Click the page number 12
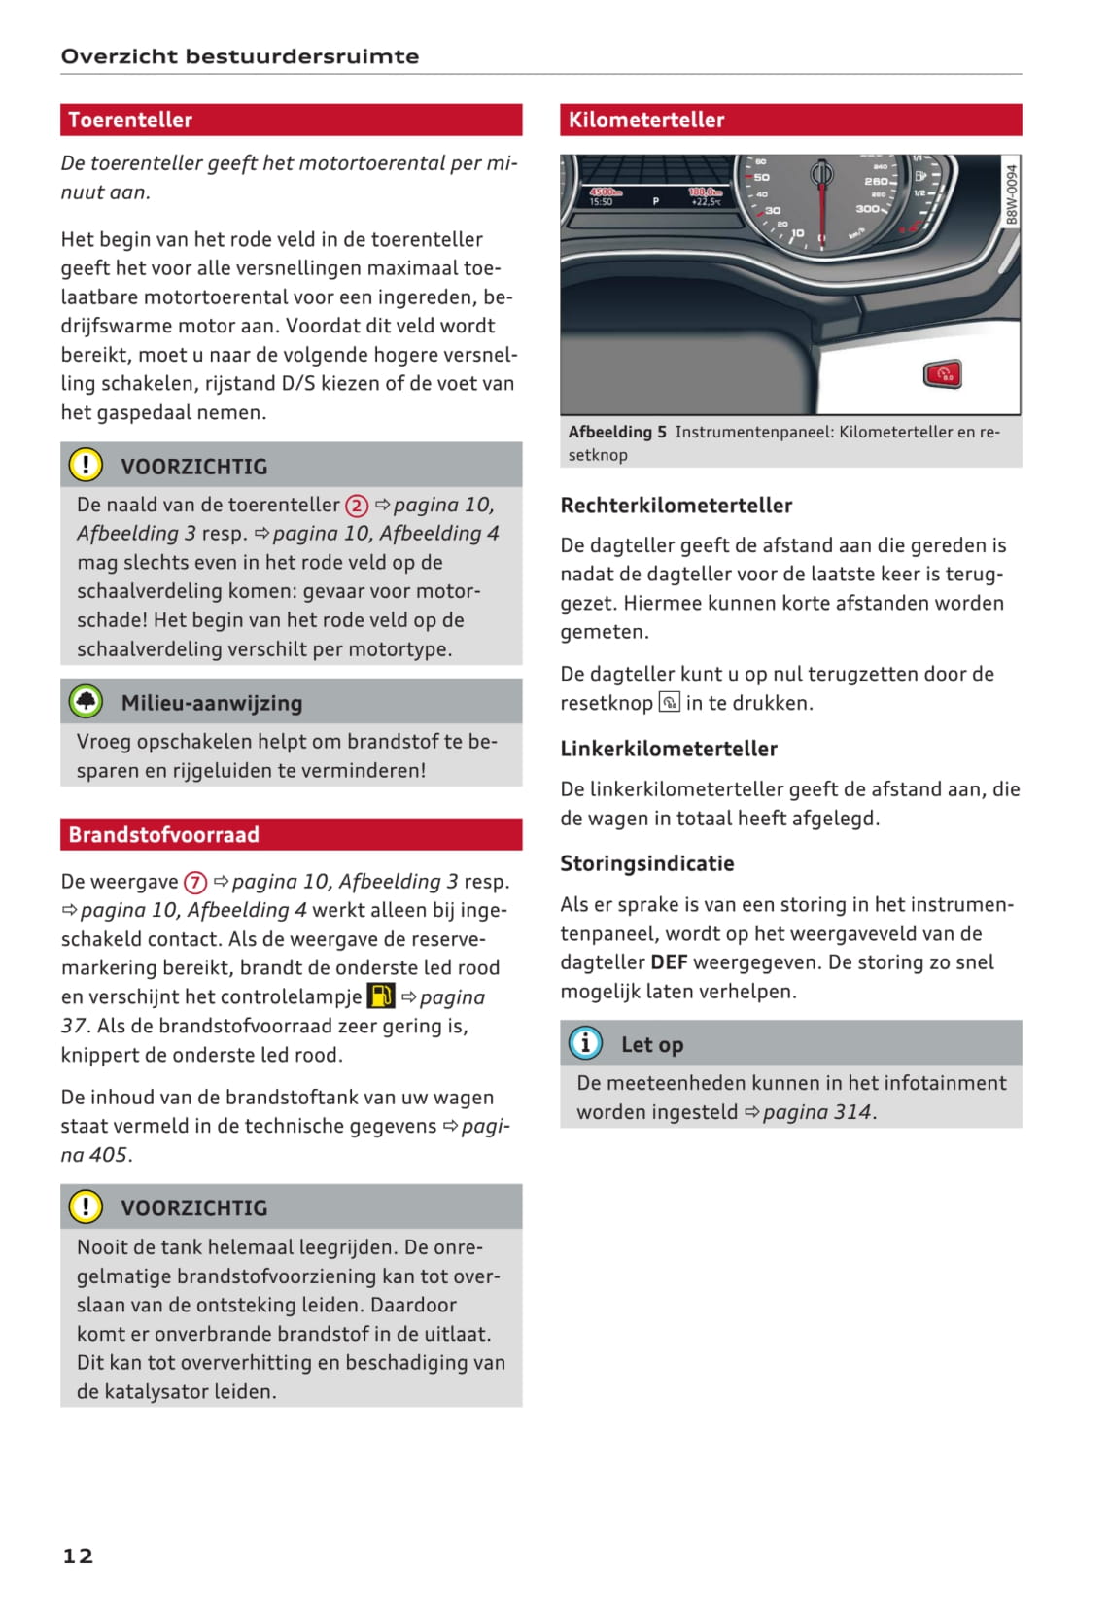tap(78, 1556)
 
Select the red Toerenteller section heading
tap(130, 120)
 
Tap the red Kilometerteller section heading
tap(646, 120)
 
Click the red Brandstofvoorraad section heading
tap(163, 834)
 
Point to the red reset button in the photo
tap(942, 373)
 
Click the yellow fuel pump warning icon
tap(381, 996)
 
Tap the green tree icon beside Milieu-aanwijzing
tap(86, 702)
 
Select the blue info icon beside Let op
tap(585, 1043)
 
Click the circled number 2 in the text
tap(357, 506)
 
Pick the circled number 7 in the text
tap(195, 882)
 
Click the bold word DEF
tap(669, 962)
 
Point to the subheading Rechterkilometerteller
tap(676, 506)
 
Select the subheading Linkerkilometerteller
tap(668, 749)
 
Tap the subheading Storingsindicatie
tap(646, 863)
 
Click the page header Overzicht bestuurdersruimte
tap(240, 56)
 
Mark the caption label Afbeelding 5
tap(617, 432)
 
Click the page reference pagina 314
tap(817, 1112)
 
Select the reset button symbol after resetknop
tap(669, 702)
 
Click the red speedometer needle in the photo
tap(822, 209)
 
